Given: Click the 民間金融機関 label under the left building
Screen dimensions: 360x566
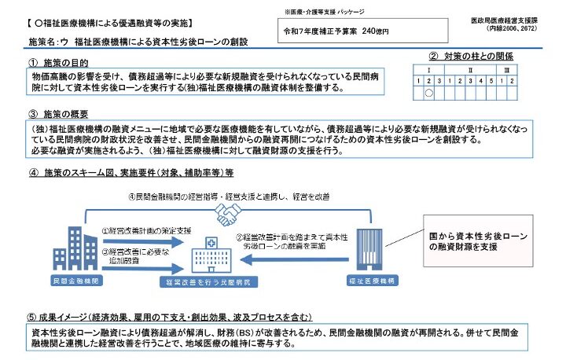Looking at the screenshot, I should coord(72,280).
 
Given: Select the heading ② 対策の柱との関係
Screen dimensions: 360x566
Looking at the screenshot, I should coord(472,57).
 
